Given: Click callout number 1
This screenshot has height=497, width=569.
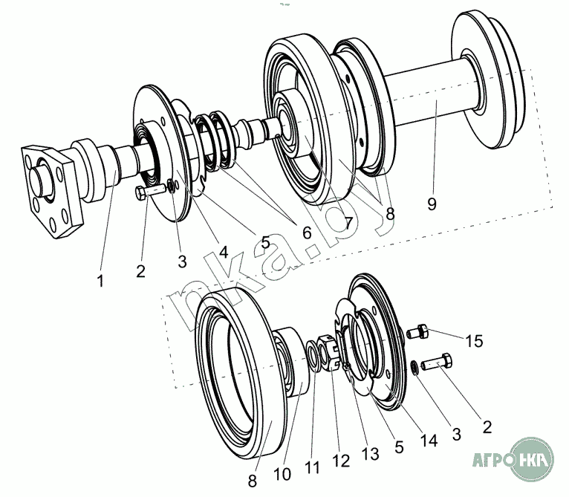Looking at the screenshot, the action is [100, 281].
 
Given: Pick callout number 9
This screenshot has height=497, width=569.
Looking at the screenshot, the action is [432, 201].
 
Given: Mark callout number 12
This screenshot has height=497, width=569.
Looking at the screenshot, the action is [341, 461].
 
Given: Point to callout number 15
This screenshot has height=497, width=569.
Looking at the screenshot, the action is [474, 341].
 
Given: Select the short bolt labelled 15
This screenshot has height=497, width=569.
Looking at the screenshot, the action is [419, 331].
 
